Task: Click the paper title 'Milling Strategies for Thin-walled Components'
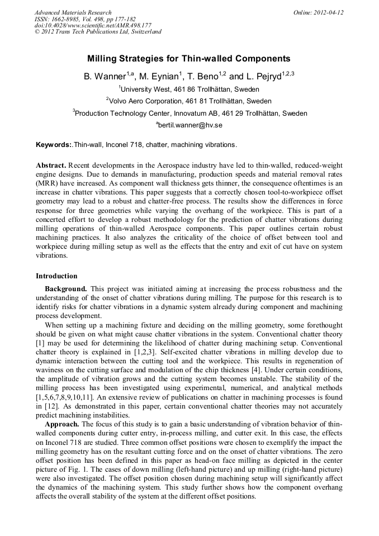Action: [189, 58]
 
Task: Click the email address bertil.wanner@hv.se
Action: [190, 125]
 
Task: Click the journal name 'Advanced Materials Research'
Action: [73, 12]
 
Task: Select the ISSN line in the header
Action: [84, 18]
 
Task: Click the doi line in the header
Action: [92, 25]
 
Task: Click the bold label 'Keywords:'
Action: [54, 145]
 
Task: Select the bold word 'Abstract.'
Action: [51, 167]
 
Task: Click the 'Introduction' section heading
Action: [56, 276]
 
